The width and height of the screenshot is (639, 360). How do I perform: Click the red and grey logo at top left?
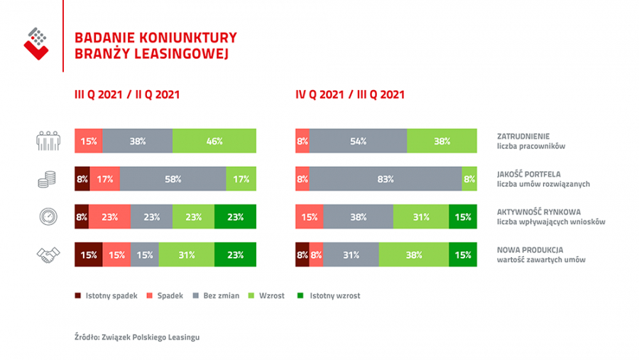(36, 43)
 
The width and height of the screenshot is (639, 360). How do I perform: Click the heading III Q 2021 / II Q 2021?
(127, 94)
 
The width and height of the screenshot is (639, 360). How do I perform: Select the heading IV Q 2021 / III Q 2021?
(350, 94)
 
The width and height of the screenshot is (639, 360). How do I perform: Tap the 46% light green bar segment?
(214, 141)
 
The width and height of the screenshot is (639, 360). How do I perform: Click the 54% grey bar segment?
(359, 141)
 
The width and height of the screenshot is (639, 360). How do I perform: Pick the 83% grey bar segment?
(386, 179)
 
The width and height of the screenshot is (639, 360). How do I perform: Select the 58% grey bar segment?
(173, 179)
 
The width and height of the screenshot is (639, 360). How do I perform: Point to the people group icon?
(48, 141)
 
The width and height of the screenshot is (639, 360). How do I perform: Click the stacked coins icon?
(47, 180)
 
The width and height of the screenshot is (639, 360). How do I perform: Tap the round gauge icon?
(48, 217)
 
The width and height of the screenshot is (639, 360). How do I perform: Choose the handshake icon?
(48, 255)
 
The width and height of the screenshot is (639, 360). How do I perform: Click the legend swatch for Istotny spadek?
(78, 295)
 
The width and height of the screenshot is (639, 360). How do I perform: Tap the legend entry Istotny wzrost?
(329, 295)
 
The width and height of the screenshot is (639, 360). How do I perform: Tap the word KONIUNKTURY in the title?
(188, 38)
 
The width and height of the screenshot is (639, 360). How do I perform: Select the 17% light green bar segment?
(241, 179)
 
